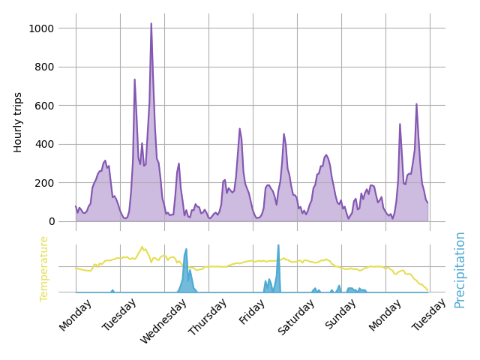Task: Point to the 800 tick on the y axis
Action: tap(59, 67)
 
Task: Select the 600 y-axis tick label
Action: tap(59, 106)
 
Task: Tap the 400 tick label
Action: tap(59, 144)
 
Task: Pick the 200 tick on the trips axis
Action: tap(59, 183)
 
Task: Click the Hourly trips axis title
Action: tap(19, 122)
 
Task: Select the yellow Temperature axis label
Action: tap(44, 268)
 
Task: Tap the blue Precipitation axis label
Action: tap(460, 269)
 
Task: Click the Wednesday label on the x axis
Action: tap(163, 322)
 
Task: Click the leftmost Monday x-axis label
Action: tap(75, 315)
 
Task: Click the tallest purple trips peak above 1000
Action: tap(151, 24)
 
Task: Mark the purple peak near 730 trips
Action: tap(135, 80)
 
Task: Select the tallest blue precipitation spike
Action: tap(278, 246)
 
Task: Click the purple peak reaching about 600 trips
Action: tap(416, 105)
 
